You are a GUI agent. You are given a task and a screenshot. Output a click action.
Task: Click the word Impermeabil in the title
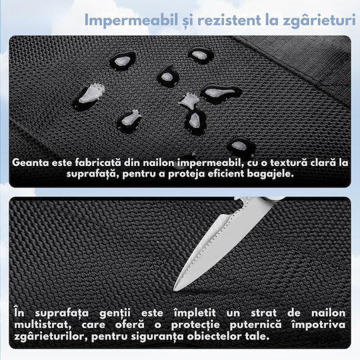click(131, 21)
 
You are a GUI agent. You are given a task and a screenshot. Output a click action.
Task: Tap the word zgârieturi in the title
click(319, 21)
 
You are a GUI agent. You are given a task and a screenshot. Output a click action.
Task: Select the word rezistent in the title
click(229, 20)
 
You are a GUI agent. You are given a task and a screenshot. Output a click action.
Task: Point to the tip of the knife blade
click(175, 291)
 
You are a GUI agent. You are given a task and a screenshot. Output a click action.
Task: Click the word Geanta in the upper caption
click(31, 163)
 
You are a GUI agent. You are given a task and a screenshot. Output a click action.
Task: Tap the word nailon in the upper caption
click(159, 163)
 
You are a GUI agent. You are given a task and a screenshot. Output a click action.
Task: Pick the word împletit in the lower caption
click(195, 313)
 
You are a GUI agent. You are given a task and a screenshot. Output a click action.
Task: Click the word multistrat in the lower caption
click(43, 325)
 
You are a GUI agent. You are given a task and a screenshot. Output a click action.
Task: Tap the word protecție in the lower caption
click(195, 325)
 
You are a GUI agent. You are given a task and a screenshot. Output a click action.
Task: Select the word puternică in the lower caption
click(255, 325)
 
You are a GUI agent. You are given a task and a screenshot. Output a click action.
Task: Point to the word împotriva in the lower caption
click(319, 325)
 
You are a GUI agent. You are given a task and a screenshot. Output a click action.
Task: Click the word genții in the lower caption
click(115, 313)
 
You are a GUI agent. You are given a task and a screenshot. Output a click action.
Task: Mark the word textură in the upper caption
click(289, 163)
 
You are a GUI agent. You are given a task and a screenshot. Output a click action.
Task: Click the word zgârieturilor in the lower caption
click(51, 337)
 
